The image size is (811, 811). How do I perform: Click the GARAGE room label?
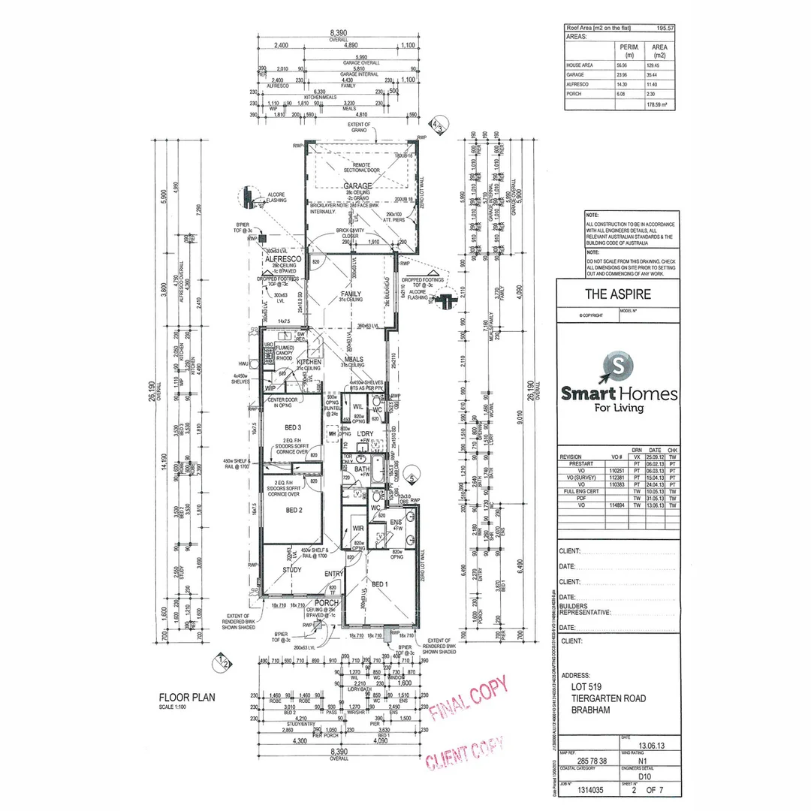[358, 185]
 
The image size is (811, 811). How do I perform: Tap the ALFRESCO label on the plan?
[282, 258]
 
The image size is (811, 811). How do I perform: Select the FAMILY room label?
[351, 294]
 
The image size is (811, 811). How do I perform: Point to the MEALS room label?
[353, 359]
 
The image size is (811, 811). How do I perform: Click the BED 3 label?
[293, 427]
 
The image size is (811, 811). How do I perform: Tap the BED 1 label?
[381, 584]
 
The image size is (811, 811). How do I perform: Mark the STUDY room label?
[292, 570]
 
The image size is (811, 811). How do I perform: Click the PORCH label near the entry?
[327, 602]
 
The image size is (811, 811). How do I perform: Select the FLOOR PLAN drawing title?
[186, 697]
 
